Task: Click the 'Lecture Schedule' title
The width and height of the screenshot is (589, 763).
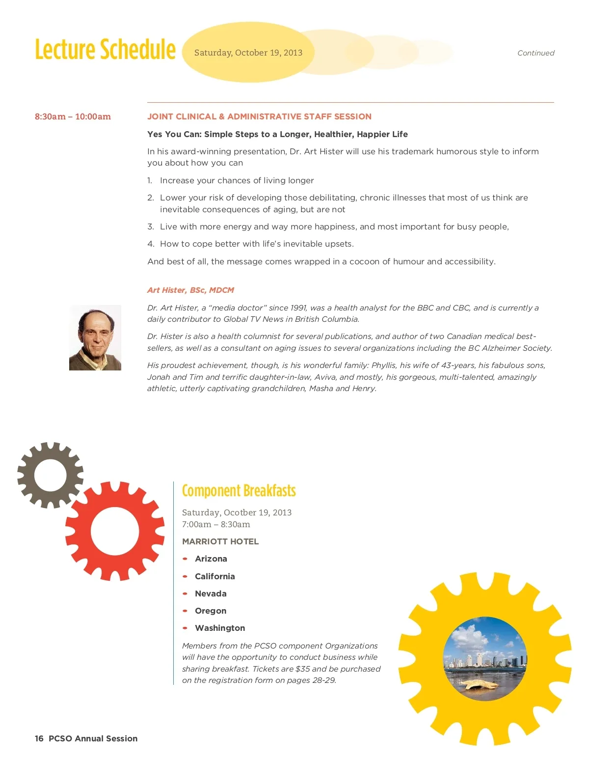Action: pos(105,50)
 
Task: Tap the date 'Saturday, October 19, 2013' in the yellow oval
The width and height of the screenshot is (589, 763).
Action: pos(248,53)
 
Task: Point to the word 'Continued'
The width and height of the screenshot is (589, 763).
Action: pos(535,53)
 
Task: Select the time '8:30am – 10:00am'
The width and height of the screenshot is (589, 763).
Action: pos(73,116)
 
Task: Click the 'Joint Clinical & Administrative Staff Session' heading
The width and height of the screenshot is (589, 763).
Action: pos(259,116)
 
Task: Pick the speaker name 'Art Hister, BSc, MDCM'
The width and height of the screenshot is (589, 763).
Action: pos(190,290)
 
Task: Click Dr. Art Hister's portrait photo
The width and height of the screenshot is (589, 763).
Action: pos(95,338)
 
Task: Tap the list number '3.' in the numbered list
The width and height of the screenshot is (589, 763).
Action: pos(151,226)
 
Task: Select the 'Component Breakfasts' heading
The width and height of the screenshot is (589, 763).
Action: pos(239,491)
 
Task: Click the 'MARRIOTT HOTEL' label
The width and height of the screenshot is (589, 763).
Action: pos(220,541)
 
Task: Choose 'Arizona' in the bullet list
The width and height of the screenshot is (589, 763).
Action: pos(211,559)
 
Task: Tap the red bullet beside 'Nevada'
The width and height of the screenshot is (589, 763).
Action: pos(185,593)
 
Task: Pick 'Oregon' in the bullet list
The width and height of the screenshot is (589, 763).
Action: pos(210,611)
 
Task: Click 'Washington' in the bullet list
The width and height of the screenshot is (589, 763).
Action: pos(219,628)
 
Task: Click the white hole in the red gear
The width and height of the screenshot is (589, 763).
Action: pos(115,531)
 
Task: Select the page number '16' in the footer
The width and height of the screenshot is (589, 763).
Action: pos(39,738)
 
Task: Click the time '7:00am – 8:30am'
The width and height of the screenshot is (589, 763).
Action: pos(216,524)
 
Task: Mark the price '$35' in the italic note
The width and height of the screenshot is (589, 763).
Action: pos(302,669)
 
